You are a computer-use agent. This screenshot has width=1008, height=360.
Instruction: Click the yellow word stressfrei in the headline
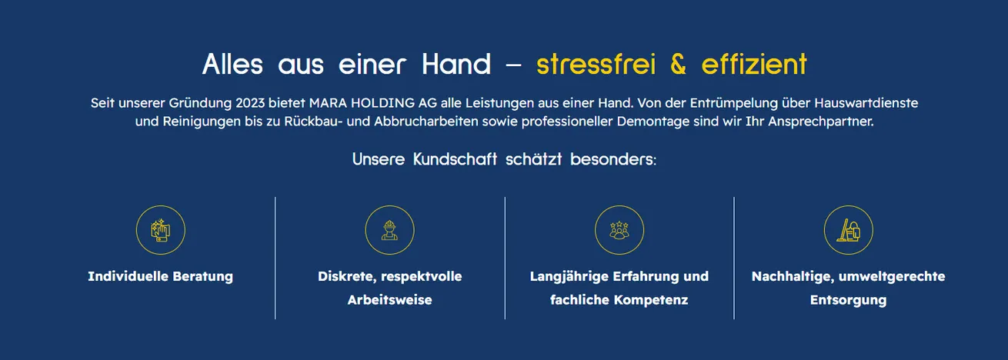pyautogui.click(x=596, y=64)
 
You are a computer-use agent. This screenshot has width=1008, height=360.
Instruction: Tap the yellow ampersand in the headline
pyautogui.click(x=678, y=64)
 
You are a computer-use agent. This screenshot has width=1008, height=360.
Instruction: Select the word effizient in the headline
pyautogui.click(x=754, y=64)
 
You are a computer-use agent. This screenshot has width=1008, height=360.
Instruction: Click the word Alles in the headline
pyautogui.click(x=232, y=64)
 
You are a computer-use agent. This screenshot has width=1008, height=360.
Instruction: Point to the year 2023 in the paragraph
pyautogui.click(x=250, y=103)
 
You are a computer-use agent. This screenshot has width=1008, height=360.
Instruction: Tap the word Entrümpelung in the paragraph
pyautogui.click(x=733, y=104)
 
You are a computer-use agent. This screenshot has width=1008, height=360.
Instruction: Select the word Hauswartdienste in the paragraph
pyautogui.click(x=866, y=103)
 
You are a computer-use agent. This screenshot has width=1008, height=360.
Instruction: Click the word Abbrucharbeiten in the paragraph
pyautogui.click(x=426, y=122)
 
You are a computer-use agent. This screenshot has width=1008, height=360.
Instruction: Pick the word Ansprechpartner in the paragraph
pyautogui.click(x=820, y=122)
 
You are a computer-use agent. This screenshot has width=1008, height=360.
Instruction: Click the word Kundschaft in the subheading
pyautogui.click(x=455, y=159)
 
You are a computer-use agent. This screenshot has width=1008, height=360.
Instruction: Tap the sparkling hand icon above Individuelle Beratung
pyautogui.click(x=161, y=230)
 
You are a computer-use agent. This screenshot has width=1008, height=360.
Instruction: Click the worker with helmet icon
pyautogui.click(x=389, y=230)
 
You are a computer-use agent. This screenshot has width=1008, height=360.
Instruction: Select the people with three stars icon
pyautogui.click(x=619, y=230)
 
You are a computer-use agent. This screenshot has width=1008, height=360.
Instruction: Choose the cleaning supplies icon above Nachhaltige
pyautogui.click(x=848, y=230)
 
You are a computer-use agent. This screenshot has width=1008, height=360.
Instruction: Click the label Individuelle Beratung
pyautogui.click(x=161, y=276)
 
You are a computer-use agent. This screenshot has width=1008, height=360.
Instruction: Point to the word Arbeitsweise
pyautogui.click(x=389, y=300)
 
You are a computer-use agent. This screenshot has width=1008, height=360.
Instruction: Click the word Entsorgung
pyautogui.click(x=848, y=300)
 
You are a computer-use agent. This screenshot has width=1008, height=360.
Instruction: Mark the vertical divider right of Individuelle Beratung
pyautogui.click(x=275, y=258)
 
